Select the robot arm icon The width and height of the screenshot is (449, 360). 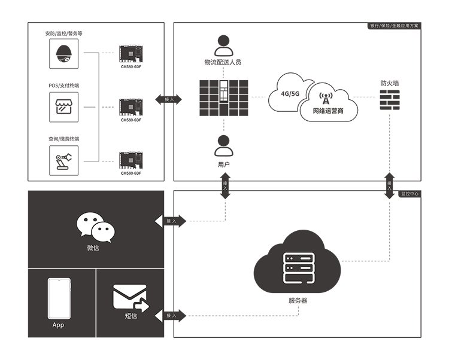(63, 160)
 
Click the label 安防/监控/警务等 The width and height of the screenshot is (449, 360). (63, 33)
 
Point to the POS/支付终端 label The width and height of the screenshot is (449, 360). (63, 86)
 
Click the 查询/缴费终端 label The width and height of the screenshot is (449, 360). (63, 139)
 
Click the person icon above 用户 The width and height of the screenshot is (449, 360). (223, 145)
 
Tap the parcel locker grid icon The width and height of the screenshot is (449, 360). (223, 96)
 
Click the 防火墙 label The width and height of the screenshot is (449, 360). (390, 83)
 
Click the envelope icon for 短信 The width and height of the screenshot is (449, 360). (130, 297)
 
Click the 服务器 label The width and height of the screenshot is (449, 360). (298, 301)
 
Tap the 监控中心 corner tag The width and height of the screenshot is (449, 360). (410, 194)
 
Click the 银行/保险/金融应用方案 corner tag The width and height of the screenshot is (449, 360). (395, 26)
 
